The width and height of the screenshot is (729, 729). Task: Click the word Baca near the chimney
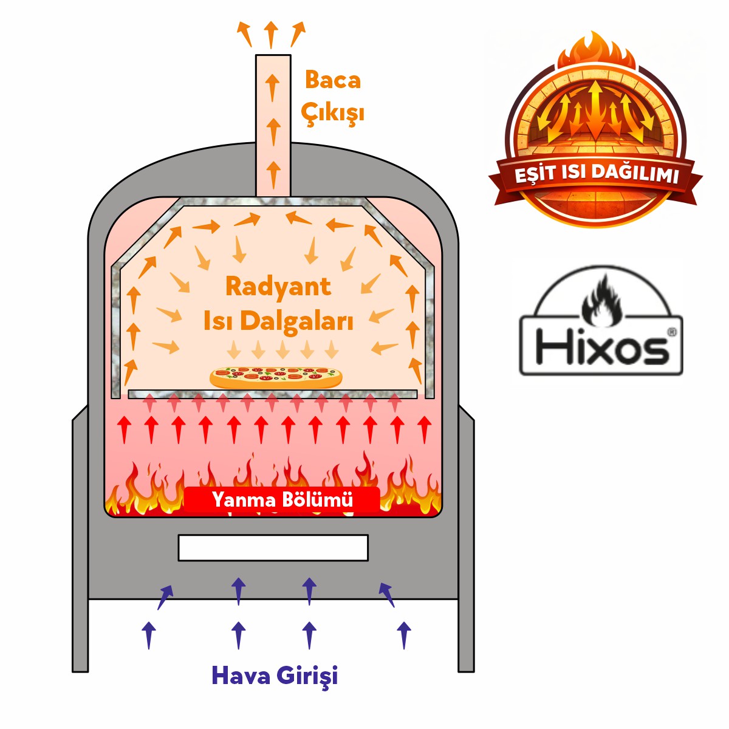(332, 80)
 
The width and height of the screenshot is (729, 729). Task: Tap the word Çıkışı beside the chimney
(332, 113)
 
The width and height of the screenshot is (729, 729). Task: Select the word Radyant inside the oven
(278, 287)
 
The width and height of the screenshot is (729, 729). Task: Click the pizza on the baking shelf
(276, 377)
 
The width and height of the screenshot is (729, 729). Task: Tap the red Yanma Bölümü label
(282, 500)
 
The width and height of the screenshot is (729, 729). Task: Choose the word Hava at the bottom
(240, 675)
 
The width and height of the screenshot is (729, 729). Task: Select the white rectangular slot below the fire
(273, 547)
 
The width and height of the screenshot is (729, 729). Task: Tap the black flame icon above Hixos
(601, 301)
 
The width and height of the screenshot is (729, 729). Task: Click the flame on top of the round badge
(595, 49)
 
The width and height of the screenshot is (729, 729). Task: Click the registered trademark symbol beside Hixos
(671, 332)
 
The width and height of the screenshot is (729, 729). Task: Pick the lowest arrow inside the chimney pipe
(273, 174)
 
